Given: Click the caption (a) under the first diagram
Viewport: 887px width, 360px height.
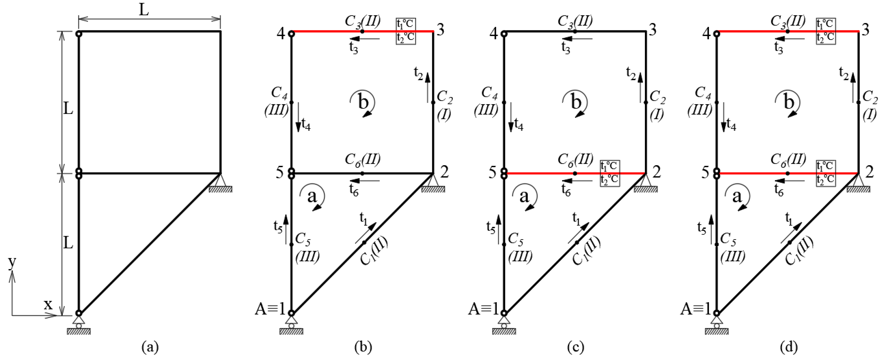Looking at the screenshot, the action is pyautogui.click(x=150, y=347).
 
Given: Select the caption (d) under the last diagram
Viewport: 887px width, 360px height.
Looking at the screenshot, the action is pyautogui.click(x=788, y=347).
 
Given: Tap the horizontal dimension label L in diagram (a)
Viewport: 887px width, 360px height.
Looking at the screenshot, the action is pyautogui.click(x=144, y=10).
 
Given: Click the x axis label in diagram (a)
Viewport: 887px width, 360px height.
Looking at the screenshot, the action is pyautogui.click(x=48, y=305).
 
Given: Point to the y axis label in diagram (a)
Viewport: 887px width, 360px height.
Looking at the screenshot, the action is pyautogui.click(x=12, y=263).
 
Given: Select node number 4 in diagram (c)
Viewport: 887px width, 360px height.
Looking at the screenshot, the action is pyautogui.click(x=494, y=34).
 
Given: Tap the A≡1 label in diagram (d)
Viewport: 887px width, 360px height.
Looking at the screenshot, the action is pyautogui.click(x=696, y=309).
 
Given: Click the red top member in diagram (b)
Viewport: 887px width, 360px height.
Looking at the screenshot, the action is pyautogui.click(x=327, y=31).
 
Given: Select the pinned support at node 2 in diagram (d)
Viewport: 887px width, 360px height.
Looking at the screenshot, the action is pyautogui.click(x=858, y=183).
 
